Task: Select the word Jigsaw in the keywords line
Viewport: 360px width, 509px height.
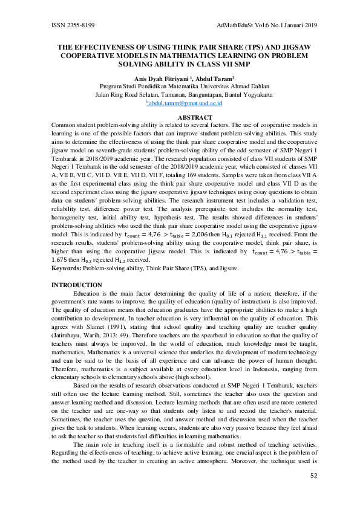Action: click(x=227, y=267)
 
